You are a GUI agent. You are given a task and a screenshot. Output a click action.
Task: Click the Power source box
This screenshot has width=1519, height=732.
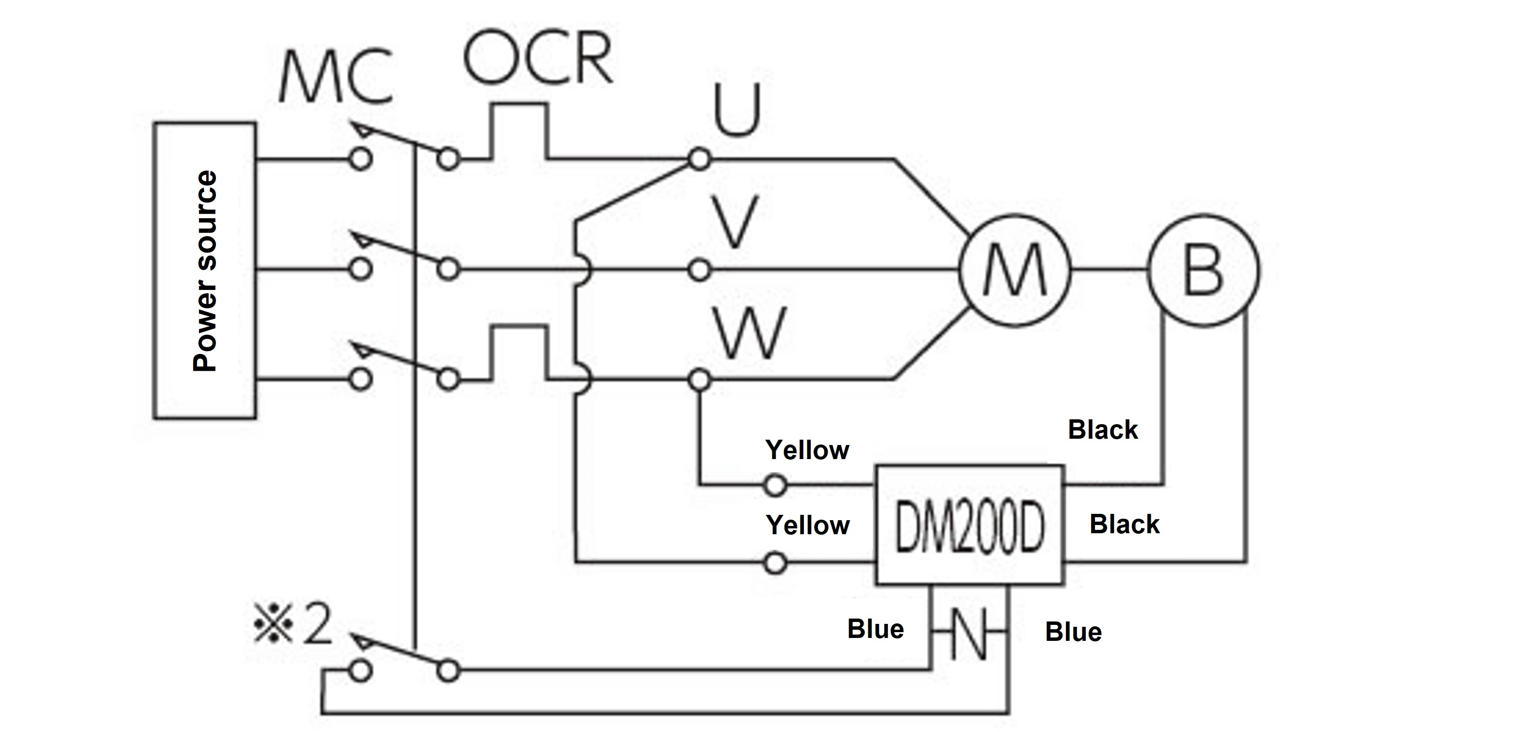(205, 271)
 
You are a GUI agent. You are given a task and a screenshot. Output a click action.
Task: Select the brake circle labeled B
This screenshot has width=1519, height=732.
(1203, 271)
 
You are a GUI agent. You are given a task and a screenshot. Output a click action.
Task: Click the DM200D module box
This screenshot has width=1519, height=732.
(970, 525)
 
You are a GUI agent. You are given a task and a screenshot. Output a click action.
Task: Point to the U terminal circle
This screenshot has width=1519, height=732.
(700, 159)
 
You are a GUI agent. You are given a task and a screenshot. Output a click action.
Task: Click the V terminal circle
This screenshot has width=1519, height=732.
(700, 271)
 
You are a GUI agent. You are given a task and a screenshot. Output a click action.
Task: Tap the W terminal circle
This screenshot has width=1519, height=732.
(700, 381)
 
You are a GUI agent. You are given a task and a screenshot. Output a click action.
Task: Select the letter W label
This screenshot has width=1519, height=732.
(750, 333)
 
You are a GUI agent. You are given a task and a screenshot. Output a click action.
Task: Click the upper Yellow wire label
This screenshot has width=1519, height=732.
(807, 450)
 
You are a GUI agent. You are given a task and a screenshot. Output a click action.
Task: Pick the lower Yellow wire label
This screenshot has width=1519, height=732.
(807, 525)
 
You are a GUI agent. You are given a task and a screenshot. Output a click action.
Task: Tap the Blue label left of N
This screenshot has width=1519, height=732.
(875, 629)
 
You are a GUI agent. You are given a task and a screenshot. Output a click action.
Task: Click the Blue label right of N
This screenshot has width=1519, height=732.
(1073, 632)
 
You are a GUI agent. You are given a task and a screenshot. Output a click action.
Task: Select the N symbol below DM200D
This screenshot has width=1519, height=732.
(969, 633)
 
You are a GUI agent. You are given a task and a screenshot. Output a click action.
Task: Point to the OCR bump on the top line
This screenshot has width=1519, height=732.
(518, 129)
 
